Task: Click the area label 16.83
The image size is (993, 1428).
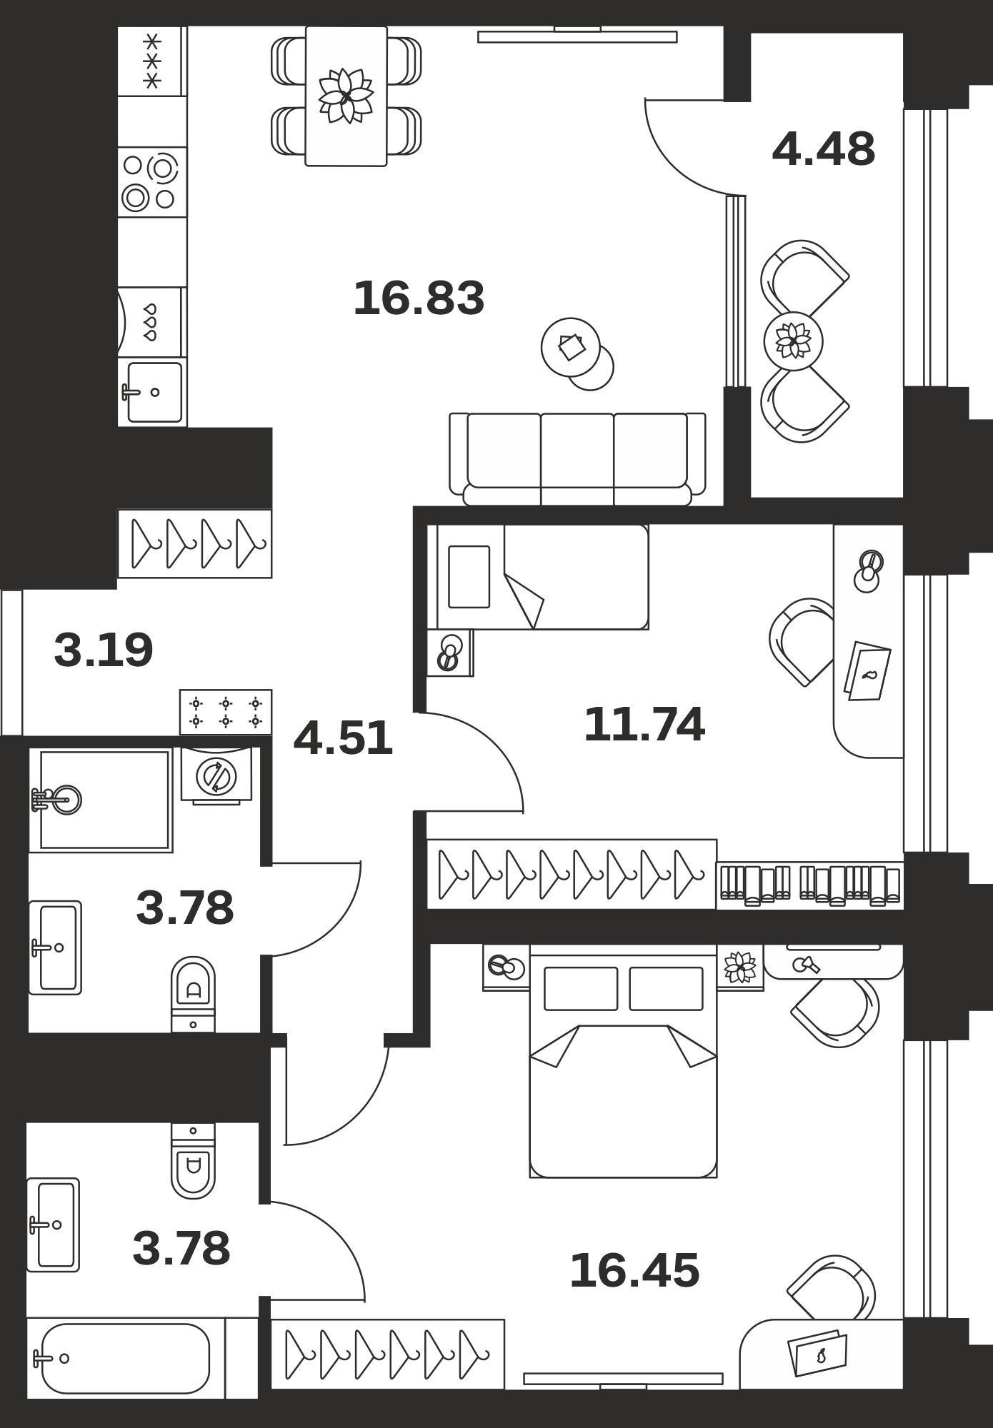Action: (419, 298)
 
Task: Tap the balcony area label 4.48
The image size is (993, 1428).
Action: (823, 149)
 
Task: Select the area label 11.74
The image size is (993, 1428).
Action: (644, 724)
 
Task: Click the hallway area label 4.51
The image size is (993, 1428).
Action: (343, 738)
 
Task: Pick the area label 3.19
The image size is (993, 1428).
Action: (104, 650)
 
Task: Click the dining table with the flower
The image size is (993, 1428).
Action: (346, 96)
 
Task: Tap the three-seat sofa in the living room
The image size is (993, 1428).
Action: (577, 459)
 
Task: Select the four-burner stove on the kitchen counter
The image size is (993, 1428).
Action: (152, 182)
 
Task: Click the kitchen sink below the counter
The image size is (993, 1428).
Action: (152, 392)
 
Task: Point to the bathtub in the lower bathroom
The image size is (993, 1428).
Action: (126, 1358)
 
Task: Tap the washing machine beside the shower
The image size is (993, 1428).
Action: (216, 776)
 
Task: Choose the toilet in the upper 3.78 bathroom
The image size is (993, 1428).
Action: (193, 995)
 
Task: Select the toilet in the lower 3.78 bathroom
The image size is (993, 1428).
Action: (193, 1161)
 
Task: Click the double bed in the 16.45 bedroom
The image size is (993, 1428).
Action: (623, 1061)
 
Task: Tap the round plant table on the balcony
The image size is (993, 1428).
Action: (793, 341)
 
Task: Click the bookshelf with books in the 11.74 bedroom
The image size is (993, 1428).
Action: (810, 885)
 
